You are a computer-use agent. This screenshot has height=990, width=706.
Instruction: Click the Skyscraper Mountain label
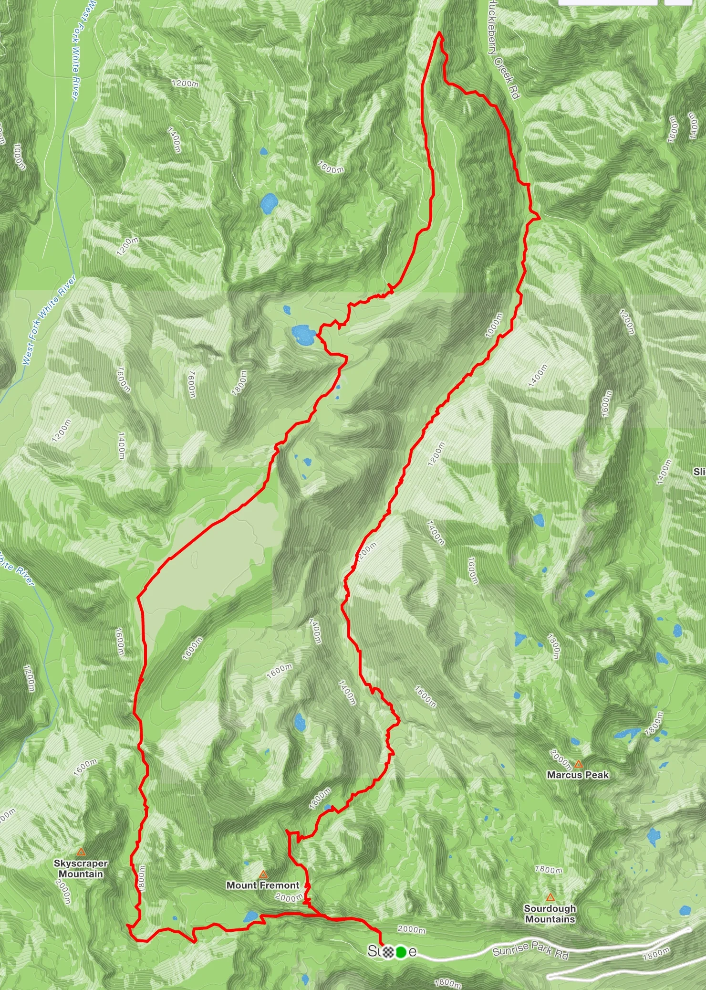(x=81, y=869)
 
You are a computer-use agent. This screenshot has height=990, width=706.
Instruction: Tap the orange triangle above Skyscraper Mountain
(x=81, y=852)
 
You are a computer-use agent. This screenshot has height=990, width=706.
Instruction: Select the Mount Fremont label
(x=263, y=885)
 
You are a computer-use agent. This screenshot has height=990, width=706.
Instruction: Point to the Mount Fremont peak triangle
(x=263, y=874)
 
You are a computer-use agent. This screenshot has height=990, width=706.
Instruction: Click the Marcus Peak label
(x=578, y=775)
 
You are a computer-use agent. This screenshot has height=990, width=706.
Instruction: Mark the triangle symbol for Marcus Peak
(x=579, y=764)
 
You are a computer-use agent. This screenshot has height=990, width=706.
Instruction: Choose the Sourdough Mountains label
(x=550, y=914)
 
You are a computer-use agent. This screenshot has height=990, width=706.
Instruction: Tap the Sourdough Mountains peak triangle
(x=550, y=897)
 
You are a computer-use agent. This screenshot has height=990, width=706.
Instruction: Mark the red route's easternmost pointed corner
(x=540, y=218)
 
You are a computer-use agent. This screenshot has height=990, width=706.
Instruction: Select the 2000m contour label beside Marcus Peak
(x=561, y=759)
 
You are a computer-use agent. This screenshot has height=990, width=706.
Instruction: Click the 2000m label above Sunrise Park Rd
(x=411, y=929)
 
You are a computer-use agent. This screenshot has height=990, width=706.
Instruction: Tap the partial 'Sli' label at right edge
(x=699, y=472)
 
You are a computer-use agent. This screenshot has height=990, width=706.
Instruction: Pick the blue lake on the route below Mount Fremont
(x=250, y=916)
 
